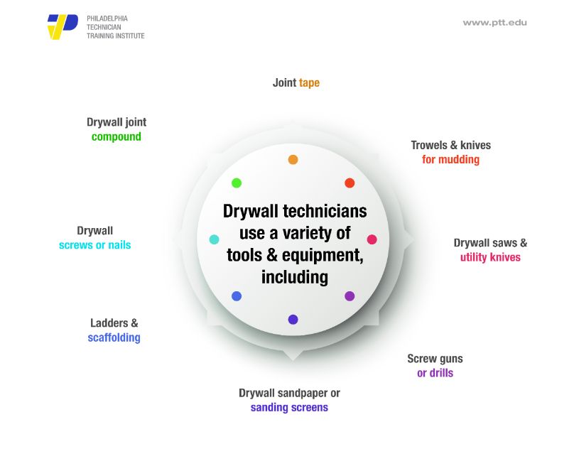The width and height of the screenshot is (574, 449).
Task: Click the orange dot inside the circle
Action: [x=293, y=160]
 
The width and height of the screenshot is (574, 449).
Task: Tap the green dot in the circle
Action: [x=237, y=183]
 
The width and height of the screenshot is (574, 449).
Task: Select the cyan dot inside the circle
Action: [x=214, y=239]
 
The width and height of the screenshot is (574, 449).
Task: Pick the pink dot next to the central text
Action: [x=372, y=239]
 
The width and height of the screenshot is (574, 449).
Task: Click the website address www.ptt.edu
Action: [x=494, y=23]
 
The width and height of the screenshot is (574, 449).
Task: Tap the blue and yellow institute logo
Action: [x=63, y=26]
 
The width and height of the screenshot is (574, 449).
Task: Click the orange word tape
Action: [x=309, y=83]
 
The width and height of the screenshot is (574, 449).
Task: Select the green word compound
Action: [x=117, y=136]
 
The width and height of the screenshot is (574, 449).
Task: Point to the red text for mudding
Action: [x=450, y=159]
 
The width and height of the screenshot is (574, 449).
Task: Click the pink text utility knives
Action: [x=490, y=257]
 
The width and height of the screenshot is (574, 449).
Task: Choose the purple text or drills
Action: [x=435, y=373]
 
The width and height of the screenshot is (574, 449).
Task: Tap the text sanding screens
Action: [x=289, y=408]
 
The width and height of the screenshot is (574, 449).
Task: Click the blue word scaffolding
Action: [x=114, y=337]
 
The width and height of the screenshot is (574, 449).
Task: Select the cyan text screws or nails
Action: [x=94, y=245]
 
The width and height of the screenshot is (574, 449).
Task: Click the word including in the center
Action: [x=295, y=277]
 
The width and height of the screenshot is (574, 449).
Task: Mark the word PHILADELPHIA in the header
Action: [x=107, y=18]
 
